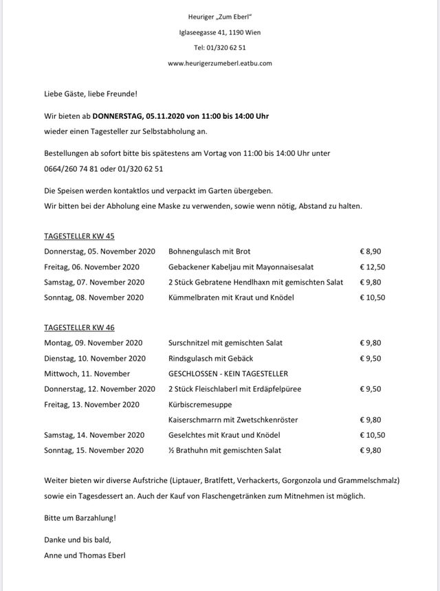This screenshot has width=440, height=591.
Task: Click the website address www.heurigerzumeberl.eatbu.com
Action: (220, 63)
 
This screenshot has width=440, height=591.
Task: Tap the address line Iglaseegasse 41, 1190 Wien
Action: (220, 32)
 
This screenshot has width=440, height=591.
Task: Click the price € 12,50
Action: (373, 267)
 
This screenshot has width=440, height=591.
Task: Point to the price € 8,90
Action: (371, 252)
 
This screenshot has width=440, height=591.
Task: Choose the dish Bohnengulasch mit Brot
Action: (209, 252)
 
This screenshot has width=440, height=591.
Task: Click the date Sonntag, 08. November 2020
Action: (94, 298)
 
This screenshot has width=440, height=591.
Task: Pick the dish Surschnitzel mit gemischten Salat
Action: (225, 343)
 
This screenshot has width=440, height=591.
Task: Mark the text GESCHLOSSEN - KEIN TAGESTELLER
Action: (228, 374)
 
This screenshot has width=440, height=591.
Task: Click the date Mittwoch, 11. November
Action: (87, 374)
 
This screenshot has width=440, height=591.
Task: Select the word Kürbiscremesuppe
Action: (200, 404)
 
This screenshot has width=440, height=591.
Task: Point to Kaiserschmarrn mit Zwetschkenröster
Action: (233, 420)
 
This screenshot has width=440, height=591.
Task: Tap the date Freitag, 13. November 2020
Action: (92, 404)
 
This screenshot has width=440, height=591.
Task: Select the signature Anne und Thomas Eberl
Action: (85, 555)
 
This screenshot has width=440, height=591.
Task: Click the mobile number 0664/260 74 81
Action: (70, 168)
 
